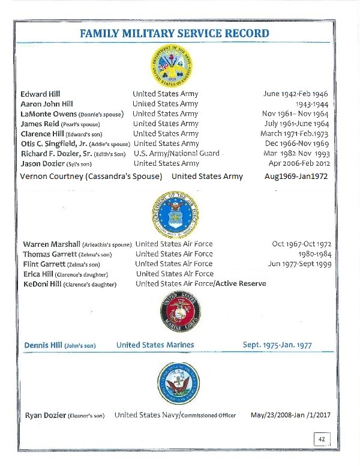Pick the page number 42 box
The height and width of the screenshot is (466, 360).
[322, 440]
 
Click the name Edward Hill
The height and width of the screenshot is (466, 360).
[40, 94]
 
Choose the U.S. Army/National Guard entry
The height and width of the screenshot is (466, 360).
[176, 153]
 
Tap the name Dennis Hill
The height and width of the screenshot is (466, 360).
[46, 345]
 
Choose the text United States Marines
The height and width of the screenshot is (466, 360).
[155, 345]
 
